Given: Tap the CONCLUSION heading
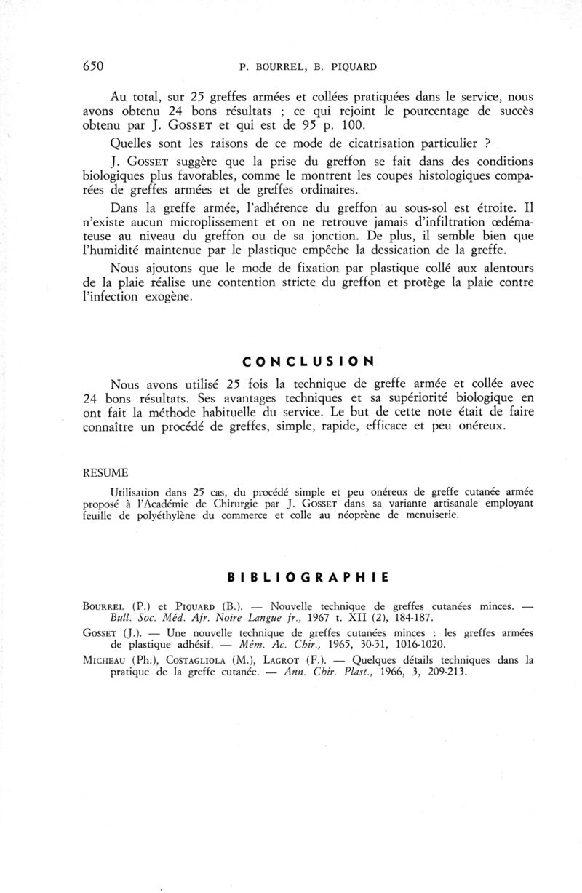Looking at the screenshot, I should click(x=308, y=360).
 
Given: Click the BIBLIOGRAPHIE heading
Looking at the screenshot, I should click(x=308, y=578).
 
